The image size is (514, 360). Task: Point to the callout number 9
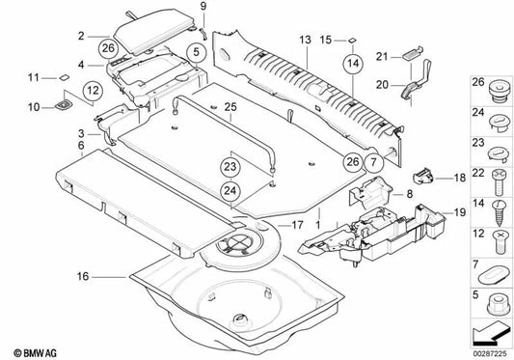pos(203,8)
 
